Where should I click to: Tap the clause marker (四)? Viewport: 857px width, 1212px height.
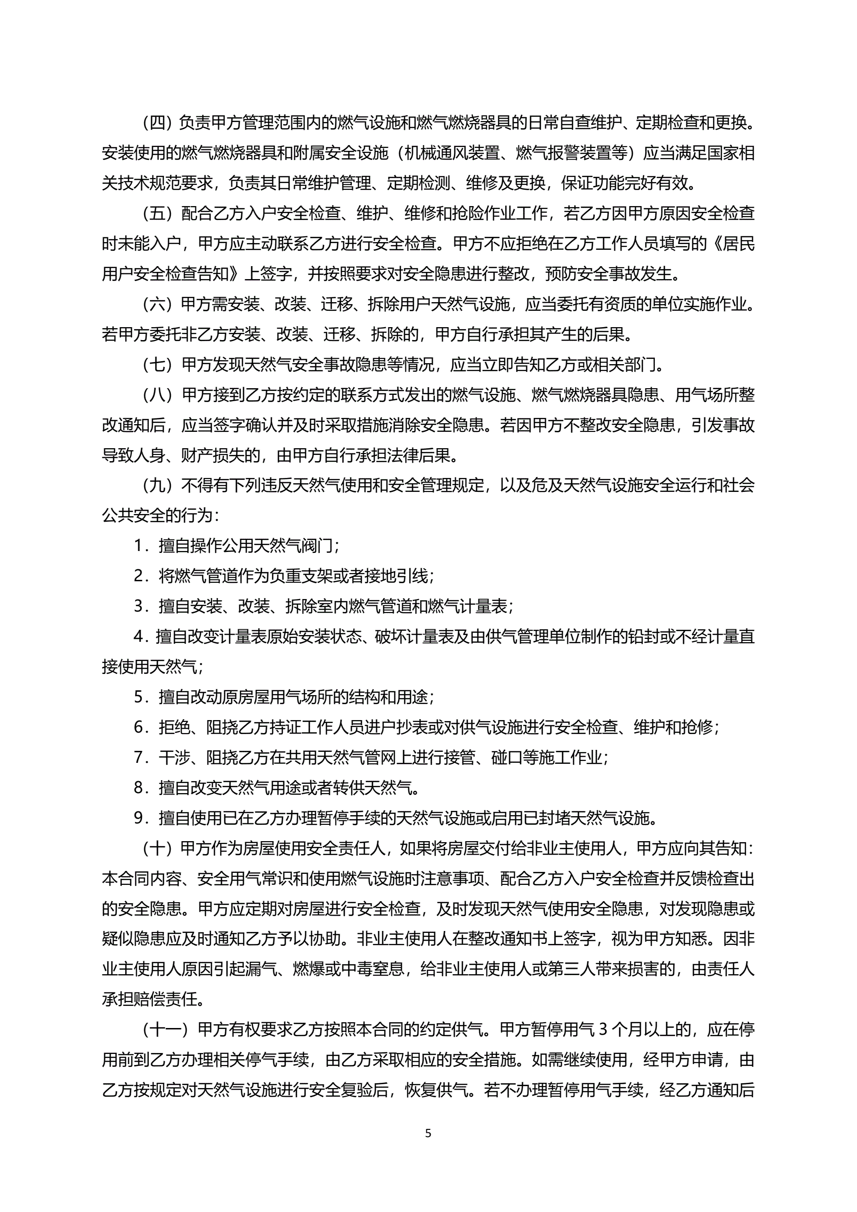coord(158,122)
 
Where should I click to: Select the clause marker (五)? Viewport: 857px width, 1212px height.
coord(158,213)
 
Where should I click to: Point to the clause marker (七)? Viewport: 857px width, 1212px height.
coord(158,364)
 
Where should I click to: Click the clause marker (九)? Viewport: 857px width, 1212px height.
coord(158,485)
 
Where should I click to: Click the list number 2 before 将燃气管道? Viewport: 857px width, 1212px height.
coord(139,576)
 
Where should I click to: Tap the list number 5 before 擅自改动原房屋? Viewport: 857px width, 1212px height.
coord(139,697)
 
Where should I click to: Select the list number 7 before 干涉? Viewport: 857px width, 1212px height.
coord(139,758)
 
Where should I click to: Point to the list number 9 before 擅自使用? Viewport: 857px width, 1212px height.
coord(139,818)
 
